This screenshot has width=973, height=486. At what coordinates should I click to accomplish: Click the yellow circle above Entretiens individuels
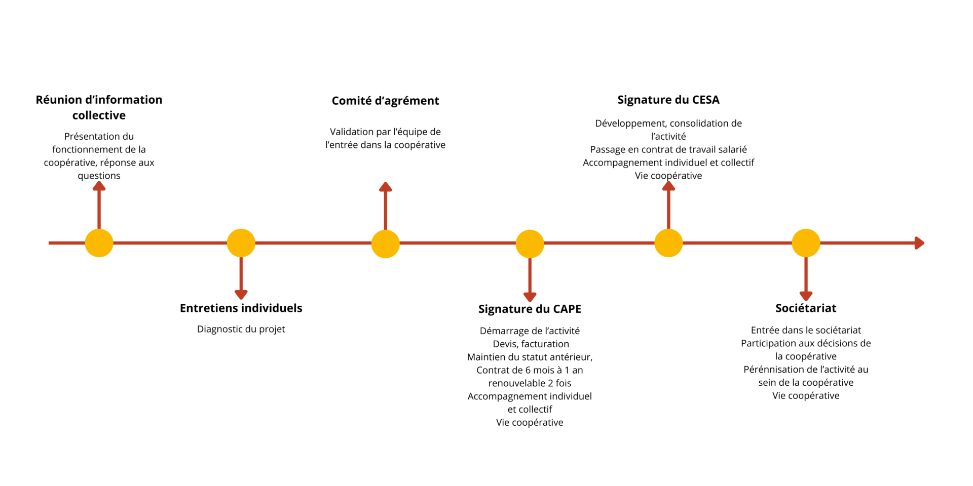pyautogui.click(x=241, y=243)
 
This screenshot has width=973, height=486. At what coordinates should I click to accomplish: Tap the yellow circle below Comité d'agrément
pyautogui.click(x=385, y=244)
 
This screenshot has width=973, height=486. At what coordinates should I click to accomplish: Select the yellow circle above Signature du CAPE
pyautogui.click(x=530, y=244)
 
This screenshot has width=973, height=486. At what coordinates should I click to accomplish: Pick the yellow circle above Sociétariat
pyautogui.click(x=806, y=243)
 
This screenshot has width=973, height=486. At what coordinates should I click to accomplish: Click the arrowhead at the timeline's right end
pyautogui.click(x=919, y=243)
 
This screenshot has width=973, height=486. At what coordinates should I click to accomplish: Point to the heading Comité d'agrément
pyautogui.click(x=385, y=101)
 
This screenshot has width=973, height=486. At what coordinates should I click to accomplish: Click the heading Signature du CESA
pyautogui.click(x=668, y=100)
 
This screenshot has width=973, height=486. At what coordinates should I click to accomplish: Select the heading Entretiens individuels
pyautogui.click(x=241, y=308)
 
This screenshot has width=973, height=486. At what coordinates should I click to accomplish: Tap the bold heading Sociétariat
pyautogui.click(x=806, y=308)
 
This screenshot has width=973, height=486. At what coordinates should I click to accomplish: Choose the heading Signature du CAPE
pyautogui.click(x=530, y=309)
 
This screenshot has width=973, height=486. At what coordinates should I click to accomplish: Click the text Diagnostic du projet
pyautogui.click(x=241, y=329)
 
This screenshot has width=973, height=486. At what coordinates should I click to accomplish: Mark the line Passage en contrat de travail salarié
pyautogui.click(x=668, y=149)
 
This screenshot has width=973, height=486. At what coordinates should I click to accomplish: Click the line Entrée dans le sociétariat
pyautogui.click(x=806, y=330)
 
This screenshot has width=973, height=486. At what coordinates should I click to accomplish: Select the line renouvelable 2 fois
pyautogui.click(x=530, y=383)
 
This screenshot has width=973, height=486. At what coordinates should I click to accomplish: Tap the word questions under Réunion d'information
pyautogui.click(x=99, y=176)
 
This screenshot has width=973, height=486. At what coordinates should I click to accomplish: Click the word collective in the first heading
pyautogui.click(x=99, y=115)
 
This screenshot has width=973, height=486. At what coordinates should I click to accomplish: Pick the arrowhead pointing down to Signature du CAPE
pyautogui.click(x=530, y=297)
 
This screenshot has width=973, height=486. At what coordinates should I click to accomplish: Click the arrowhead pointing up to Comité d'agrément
pyautogui.click(x=385, y=187)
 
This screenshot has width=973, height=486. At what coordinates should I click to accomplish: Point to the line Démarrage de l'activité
pyautogui.click(x=530, y=331)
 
